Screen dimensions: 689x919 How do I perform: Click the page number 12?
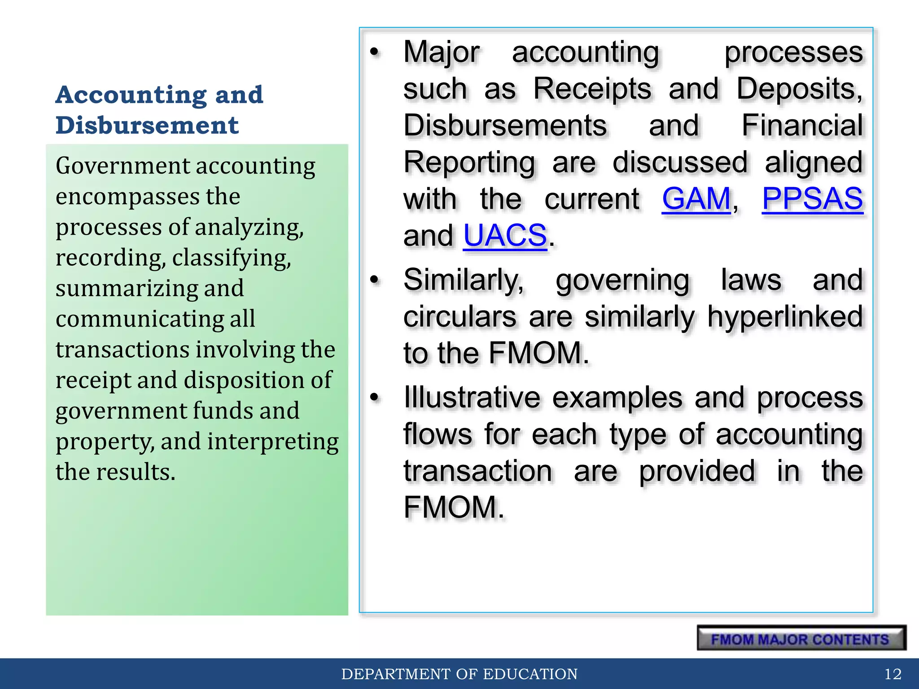[893, 674]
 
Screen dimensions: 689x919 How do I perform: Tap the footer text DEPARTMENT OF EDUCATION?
[459, 674]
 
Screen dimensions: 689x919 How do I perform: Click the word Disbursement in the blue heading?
[147, 125]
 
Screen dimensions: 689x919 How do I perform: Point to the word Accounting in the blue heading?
[131, 95]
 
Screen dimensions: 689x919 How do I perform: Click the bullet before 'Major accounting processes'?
[375, 52]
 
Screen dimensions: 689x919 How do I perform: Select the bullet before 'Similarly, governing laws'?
[375, 280]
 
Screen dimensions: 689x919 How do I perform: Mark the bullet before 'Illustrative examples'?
[375, 397]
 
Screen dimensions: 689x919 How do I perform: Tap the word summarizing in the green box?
[127, 288]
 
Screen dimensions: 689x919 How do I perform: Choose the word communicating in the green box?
[140, 319]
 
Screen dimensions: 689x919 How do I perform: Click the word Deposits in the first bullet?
[799, 89]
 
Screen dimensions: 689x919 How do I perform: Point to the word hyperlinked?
[785, 317]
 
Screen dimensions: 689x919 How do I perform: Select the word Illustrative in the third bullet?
[472, 397]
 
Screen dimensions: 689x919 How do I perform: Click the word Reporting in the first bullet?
[469, 162]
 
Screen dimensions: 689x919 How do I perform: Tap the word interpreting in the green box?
[273, 441]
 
